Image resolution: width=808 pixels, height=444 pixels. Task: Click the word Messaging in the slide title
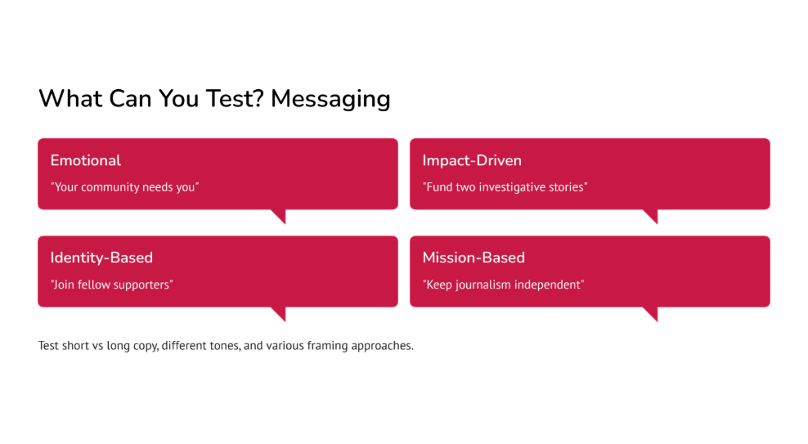(x=330, y=99)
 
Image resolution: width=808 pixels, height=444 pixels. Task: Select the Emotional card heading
(x=86, y=160)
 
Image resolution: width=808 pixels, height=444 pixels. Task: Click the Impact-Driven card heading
(x=472, y=160)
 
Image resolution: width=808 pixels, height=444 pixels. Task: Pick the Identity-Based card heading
(x=101, y=258)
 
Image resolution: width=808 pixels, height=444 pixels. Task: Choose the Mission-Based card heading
(x=474, y=258)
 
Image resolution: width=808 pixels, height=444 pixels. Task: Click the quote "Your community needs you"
(x=124, y=187)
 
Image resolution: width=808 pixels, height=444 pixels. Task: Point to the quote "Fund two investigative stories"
(x=505, y=187)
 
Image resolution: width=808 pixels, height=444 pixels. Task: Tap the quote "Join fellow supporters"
(x=112, y=285)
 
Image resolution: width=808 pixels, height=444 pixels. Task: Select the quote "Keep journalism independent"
(x=504, y=285)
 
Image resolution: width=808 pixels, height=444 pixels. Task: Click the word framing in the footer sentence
(x=327, y=346)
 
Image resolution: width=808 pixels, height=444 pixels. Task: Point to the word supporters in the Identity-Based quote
(x=144, y=285)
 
